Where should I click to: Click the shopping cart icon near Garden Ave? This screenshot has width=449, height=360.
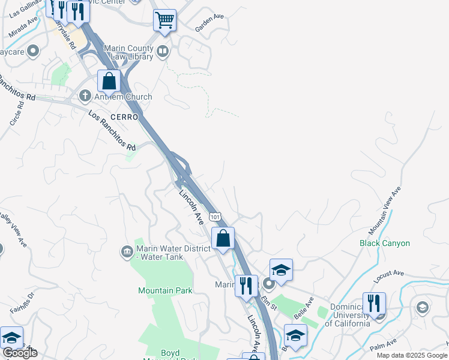coord(164,20)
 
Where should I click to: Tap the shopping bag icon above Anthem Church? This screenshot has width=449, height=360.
coord(109,80)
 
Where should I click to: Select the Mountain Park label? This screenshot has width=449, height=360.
coord(165,290)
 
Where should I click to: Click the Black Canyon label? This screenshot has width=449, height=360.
coord(385,243)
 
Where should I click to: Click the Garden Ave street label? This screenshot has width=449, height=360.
coord(209,22)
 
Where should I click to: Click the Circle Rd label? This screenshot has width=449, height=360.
coord(16,113)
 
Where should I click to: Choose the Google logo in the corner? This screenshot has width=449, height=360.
coord(19,353)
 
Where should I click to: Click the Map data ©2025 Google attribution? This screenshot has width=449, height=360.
coord(411,355)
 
